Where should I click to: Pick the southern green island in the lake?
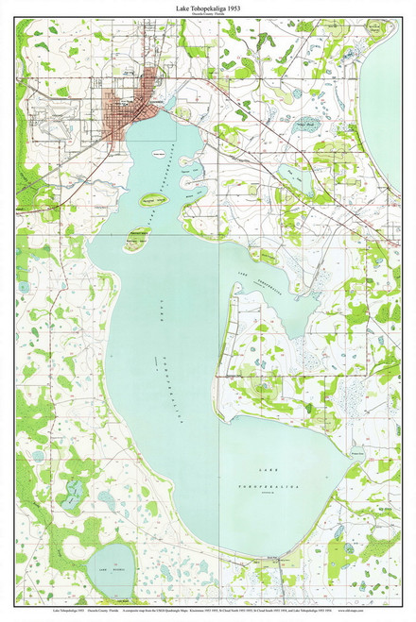[134, 244]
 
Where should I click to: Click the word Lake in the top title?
[182, 7]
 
